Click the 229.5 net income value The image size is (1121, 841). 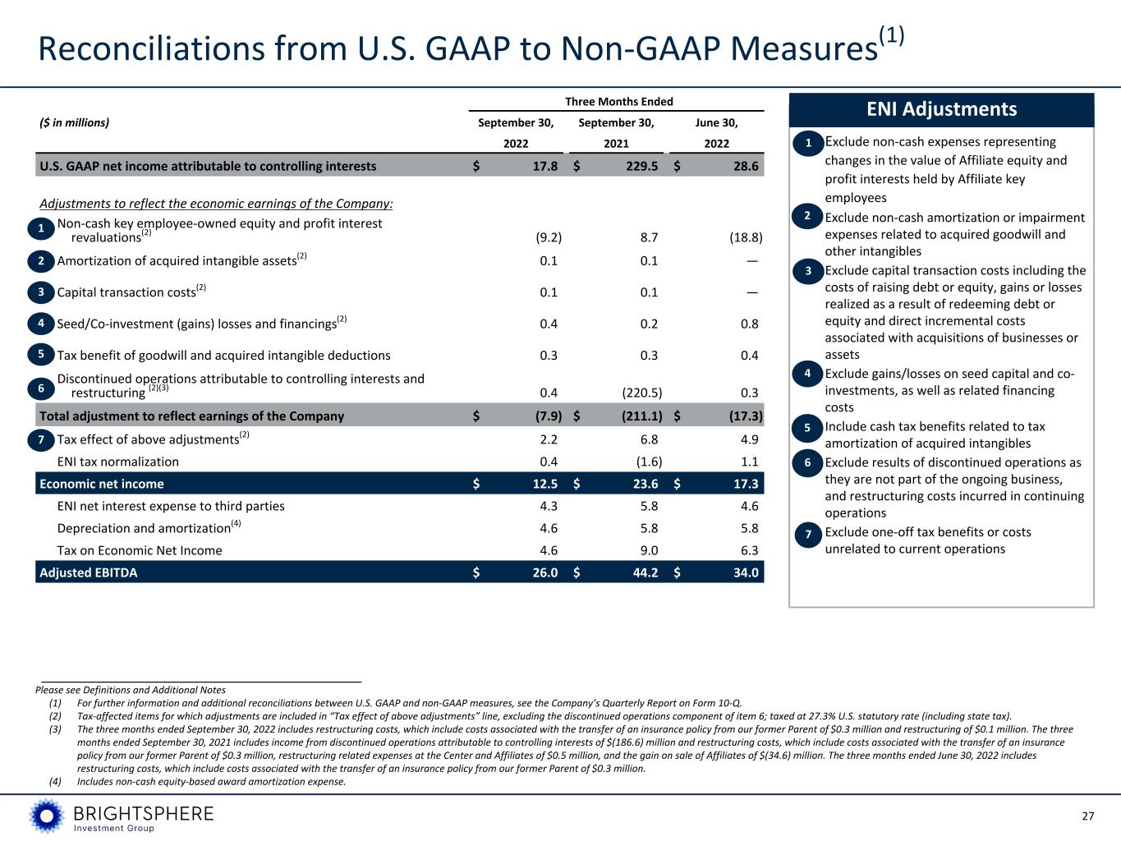coord(642,166)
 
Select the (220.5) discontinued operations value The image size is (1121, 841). coord(642,393)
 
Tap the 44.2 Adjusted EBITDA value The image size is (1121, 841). coord(645,572)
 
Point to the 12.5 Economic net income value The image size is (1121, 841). coord(545,484)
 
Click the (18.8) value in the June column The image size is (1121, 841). coord(746,237)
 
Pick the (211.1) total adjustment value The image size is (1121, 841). coord(642,416)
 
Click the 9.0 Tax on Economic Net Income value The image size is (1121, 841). coord(649,550)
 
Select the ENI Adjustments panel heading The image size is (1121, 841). coord(941,109)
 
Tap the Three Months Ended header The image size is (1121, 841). coord(619,102)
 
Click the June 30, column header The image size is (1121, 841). coord(716,122)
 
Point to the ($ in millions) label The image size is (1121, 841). coord(75,122)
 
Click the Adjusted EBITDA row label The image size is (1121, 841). coord(89,573)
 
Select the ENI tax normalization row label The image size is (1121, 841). coord(118,462)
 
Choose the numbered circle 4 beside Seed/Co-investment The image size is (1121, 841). coord(41,324)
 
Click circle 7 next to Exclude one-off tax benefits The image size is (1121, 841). coord(808,535)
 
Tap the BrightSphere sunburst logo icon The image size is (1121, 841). coord(47,816)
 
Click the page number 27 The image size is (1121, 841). coord(1088,816)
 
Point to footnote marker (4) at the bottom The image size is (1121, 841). coord(55,782)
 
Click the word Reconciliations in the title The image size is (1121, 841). coord(152,49)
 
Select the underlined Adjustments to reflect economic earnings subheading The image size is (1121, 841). coord(216,204)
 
